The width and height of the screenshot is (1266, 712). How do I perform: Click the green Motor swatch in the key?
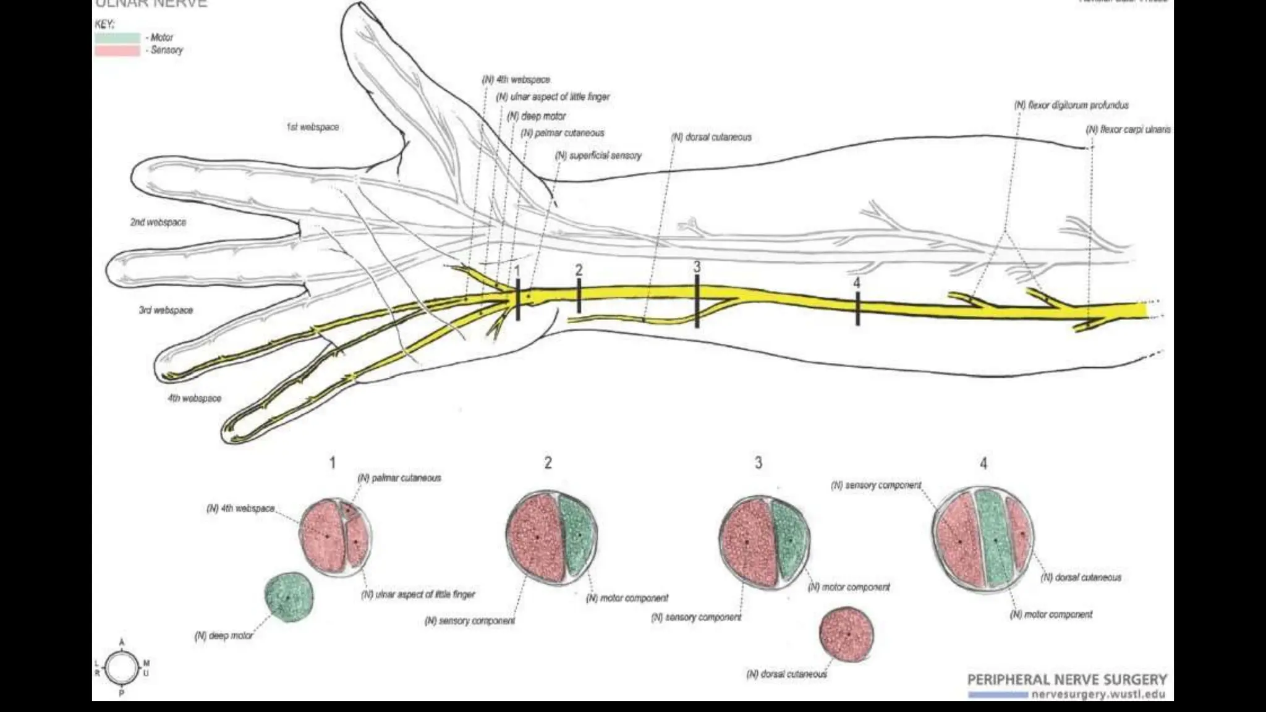(117, 38)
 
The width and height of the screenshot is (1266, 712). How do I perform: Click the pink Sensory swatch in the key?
(117, 51)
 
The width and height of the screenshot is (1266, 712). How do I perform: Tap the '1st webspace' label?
(312, 127)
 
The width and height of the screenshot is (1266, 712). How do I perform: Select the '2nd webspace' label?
(158, 222)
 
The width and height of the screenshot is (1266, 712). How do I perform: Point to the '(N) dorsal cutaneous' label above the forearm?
(712, 137)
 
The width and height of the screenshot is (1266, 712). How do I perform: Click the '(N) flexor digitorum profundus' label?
(1071, 106)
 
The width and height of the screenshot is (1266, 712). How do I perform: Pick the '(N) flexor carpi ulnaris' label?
(1128, 130)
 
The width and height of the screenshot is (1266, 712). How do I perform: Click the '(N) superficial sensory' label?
(598, 156)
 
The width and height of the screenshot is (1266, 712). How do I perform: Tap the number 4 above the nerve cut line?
(856, 283)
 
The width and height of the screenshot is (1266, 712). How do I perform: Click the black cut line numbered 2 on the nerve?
(579, 296)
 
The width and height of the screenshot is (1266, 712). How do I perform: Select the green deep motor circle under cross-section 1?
(289, 597)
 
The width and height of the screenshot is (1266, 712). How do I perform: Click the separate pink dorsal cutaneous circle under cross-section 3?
(847, 634)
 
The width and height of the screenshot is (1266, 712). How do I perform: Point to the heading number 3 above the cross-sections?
(758, 463)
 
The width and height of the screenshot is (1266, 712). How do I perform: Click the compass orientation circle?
(122, 668)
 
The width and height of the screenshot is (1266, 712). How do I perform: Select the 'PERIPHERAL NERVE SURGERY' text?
(1067, 680)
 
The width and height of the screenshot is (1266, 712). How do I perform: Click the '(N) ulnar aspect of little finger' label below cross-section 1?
(418, 595)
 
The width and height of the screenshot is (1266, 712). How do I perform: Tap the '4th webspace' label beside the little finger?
(194, 399)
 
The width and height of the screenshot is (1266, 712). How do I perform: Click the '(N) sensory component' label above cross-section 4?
(876, 486)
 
